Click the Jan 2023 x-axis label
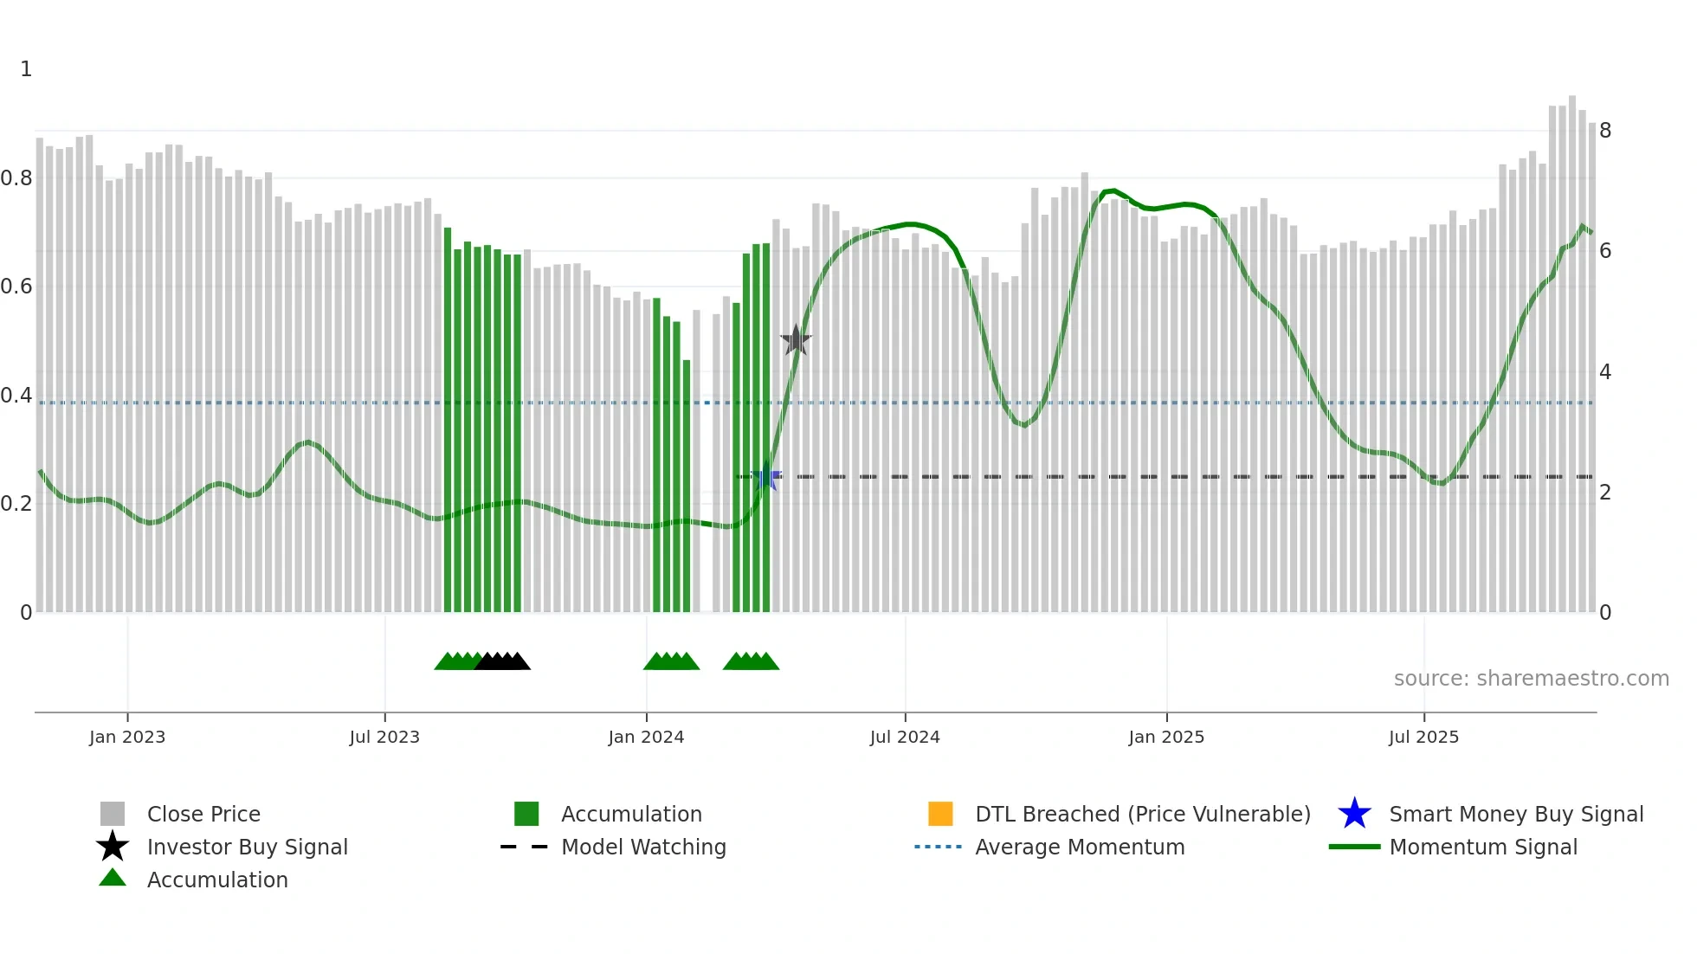(127, 737)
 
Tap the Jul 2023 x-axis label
(384, 737)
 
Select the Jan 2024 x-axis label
(646, 737)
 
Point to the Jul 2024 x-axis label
(905, 737)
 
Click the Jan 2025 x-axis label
(1166, 737)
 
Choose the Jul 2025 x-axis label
(1423, 737)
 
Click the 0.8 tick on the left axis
(16, 178)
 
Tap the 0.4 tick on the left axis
(16, 396)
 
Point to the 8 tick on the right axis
(1605, 131)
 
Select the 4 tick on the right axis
(1605, 372)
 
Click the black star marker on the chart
(796, 340)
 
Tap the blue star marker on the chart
(766, 477)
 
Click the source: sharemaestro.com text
(1531, 679)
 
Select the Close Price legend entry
(203, 814)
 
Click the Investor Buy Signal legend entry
(247, 847)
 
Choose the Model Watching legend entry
(643, 847)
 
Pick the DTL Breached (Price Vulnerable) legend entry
(1142, 814)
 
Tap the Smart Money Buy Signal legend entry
(1515, 814)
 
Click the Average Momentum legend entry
(1080, 847)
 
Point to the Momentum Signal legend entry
(1483, 847)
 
